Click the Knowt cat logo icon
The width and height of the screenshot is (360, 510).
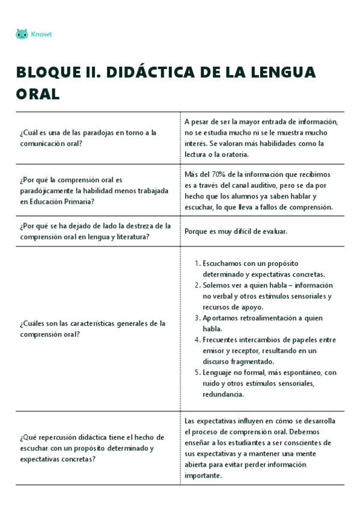coord(22,34)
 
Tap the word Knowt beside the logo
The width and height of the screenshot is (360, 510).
coord(41,34)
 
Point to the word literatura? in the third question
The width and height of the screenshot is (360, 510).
coord(128,237)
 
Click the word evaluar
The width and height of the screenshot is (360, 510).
coord(272,231)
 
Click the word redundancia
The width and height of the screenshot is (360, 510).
coord(223,395)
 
